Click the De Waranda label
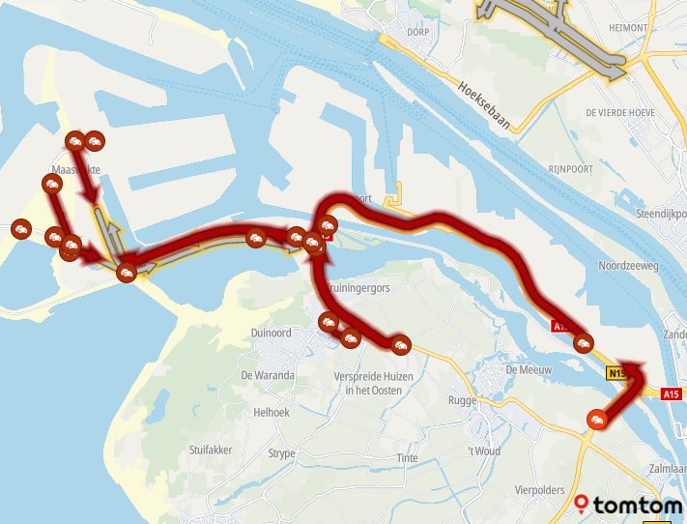pyautogui.click(x=268, y=375)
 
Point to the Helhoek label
pyautogui.click(x=271, y=412)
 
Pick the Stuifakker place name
pyautogui.click(x=214, y=450)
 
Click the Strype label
pyautogui.click(x=281, y=452)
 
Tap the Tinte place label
pyautogui.click(x=410, y=458)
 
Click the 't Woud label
pyautogui.click(x=483, y=451)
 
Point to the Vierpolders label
pyautogui.click(x=540, y=490)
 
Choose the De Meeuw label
pyautogui.click(x=528, y=369)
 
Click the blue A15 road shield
pyautogui.click(x=672, y=393)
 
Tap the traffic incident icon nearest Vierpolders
pyautogui.click(x=596, y=419)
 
